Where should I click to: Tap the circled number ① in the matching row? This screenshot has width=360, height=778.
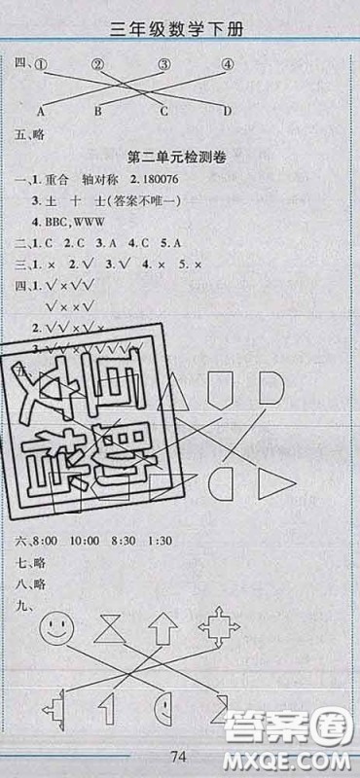pyautogui.click(x=41, y=66)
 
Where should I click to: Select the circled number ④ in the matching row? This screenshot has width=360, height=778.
pyautogui.click(x=228, y=66)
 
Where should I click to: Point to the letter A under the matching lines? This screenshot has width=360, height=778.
pyautogui.click(x=43, y=111)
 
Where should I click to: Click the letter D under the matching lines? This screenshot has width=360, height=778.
pyautogui.click(x=227, y=111)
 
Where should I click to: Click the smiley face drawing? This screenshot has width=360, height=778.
pyautogui.click(x=55, y=626)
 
